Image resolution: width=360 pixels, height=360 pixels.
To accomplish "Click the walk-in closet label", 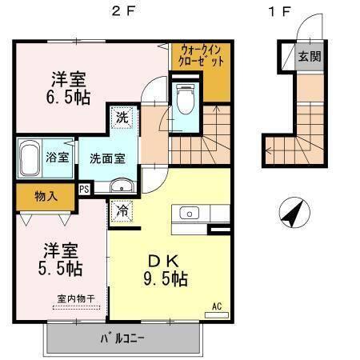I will (x=201, y=55).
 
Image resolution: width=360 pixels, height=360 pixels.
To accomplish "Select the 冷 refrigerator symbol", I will (x=122, y=211).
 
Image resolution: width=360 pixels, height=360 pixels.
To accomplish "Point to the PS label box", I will (x=83, y=189).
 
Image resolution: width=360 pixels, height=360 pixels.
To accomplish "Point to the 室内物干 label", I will (x=75, y=299).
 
